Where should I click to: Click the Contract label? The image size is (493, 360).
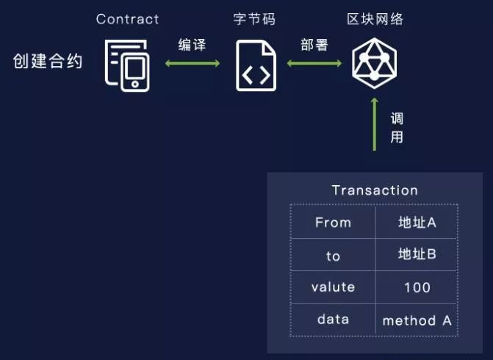click(x=127, y=18)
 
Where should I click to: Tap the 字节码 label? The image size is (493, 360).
click(x=253, y=18)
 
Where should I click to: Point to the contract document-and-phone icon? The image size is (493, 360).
click(x=127, y=65)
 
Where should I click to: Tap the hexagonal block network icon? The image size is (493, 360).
click(x=374, y=63)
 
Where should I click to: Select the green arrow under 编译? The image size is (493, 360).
click(x=192, y=64)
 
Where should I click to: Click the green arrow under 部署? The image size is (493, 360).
click(x=314, y=64)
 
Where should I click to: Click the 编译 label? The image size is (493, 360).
click(x=192, y=46)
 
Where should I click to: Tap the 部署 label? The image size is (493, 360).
click(x=314, y=46)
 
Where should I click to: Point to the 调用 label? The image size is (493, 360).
click(x=397, y=128)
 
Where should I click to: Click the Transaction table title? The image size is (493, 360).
click(x=375, y=190)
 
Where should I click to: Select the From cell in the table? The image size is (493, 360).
click(x=333, y=222)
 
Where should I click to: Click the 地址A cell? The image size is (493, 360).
click(x=417, y=222)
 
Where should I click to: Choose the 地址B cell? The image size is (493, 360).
click(x=417, y=254)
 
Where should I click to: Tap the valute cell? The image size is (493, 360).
click(x=333, y=287)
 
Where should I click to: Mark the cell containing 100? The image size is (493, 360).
click(x=417, y=287)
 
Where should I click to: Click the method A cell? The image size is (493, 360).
click(x=417, y=320)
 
